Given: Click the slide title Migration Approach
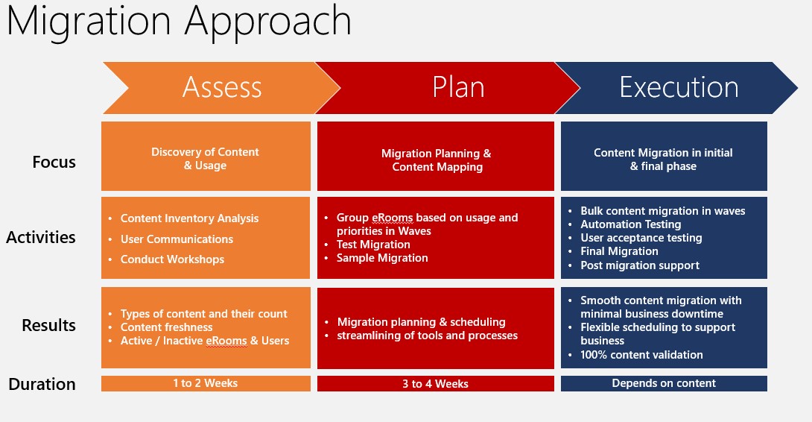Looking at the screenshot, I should click(179, 22).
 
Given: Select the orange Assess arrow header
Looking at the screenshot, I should click(222, 87).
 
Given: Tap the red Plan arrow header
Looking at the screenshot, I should click(458, 87).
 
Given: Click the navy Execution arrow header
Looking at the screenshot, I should click(679, 87).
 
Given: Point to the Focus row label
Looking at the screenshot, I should click(54, 162).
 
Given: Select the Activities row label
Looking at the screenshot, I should click(41, 237).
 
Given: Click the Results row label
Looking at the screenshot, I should click(48, 325).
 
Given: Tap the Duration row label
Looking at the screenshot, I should click(42, 384).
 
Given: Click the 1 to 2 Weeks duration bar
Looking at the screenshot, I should click(205, 383).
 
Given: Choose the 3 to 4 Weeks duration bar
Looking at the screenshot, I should click(435, 383).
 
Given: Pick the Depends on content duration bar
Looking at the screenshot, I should click(663, 383).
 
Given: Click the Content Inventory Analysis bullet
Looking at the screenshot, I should click(189, 218).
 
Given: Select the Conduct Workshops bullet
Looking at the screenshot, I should click(172, 259).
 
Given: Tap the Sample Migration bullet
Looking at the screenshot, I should click(382, 258).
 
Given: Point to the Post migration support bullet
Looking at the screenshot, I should click(640, 265).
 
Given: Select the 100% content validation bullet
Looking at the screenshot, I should click(641, 355).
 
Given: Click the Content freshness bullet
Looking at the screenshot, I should click(166, 327).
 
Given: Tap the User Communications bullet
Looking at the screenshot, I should click(177, 239).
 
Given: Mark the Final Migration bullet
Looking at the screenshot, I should click(619, 251).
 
